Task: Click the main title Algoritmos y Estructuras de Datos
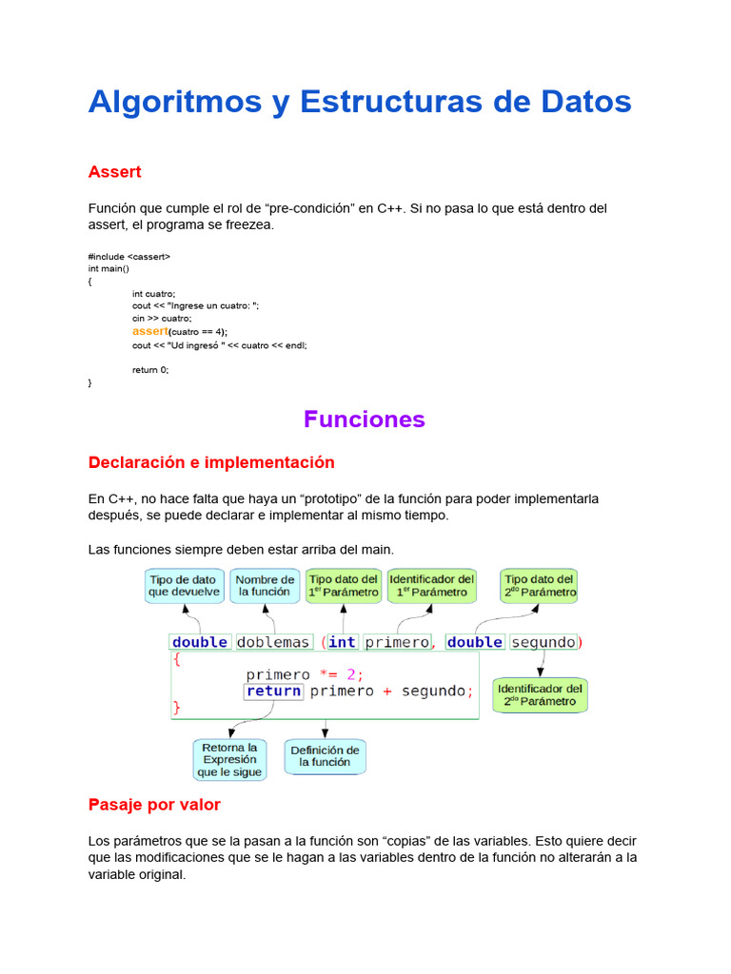click(360, 102)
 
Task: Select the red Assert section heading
click(114, 172)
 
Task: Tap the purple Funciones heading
click(364, 419)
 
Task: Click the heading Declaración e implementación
click(211, 462)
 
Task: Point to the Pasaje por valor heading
click(154, 805)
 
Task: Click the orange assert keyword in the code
click(149, 331)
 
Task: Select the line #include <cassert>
click(129, 257)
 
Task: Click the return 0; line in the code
click(150, 370)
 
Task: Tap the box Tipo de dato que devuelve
click(184, 586)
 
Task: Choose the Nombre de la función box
click(265, 586)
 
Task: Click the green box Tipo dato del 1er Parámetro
click(344, 586)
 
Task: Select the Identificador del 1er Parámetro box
click(431, 586)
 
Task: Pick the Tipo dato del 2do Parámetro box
click(540, 586)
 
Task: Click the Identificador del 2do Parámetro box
click(540, 695)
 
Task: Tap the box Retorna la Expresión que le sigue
click(229, 760)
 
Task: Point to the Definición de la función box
click(325, 756)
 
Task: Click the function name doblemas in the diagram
click(273, 642)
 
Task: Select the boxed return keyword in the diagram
click(273, 692)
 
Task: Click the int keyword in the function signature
click(342, 642)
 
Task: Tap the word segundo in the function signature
click(543, 642)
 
